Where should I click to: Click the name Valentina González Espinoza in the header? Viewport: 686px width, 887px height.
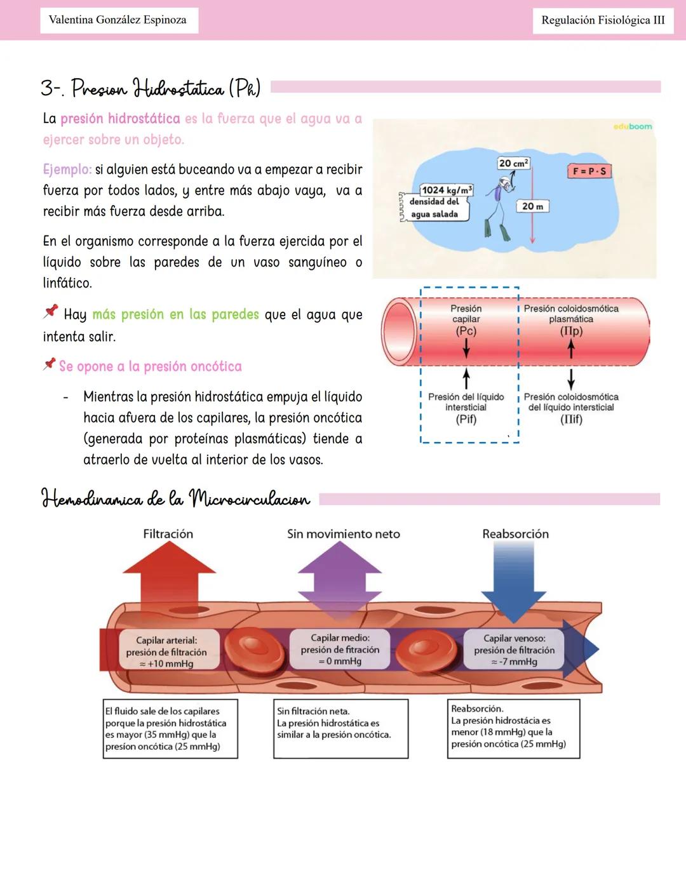pyautogui.click(x=118, y=20)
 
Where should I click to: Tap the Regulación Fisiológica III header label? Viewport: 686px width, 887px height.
pyautogui.click(x=602, y=20)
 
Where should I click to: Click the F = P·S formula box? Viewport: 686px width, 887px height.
pyautogui.click(x=589, y=171)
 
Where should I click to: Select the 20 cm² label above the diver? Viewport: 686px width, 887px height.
pyautogui.click(x=513, y=163)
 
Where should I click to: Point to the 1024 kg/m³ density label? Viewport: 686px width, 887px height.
pyautogui.click(x=447, y=190)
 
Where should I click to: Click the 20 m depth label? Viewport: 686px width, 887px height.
pyautogui.click(x=532, y=206)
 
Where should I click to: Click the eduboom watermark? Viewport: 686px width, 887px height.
pyautogui.click(x=633, y=126)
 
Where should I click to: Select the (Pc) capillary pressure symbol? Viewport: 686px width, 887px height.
pyautogui.click(x=466, y=331)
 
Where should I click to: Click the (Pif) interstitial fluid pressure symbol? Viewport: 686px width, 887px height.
pyautogui.click(x=466, y=419)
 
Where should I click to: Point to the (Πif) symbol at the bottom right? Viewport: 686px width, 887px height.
pyautogui.click(x=570, y=419)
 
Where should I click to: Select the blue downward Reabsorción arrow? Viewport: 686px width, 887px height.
pyautogui.click(x=514, y=581)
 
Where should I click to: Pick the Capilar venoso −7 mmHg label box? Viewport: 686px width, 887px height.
pyautogui.click(x=513, y=650)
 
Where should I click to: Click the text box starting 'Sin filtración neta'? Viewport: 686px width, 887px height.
pyautogui.click(x=340, y=728)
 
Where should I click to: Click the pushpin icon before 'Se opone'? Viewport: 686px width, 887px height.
pyautogui.click(x=50, y=364)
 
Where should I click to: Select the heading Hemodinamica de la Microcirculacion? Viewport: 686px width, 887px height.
pyautogui.click(x=176, y=498)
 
